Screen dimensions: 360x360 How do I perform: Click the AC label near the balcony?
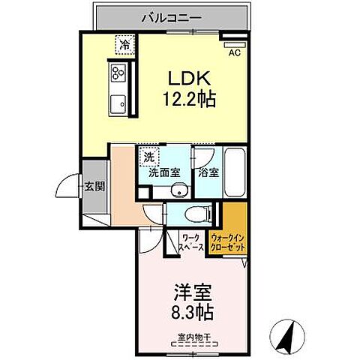(233, 52)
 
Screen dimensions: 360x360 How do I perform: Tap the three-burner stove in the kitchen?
(118, 73)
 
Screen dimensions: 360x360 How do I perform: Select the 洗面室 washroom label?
(164, 173)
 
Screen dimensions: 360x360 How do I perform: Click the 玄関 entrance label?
(94, 186)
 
